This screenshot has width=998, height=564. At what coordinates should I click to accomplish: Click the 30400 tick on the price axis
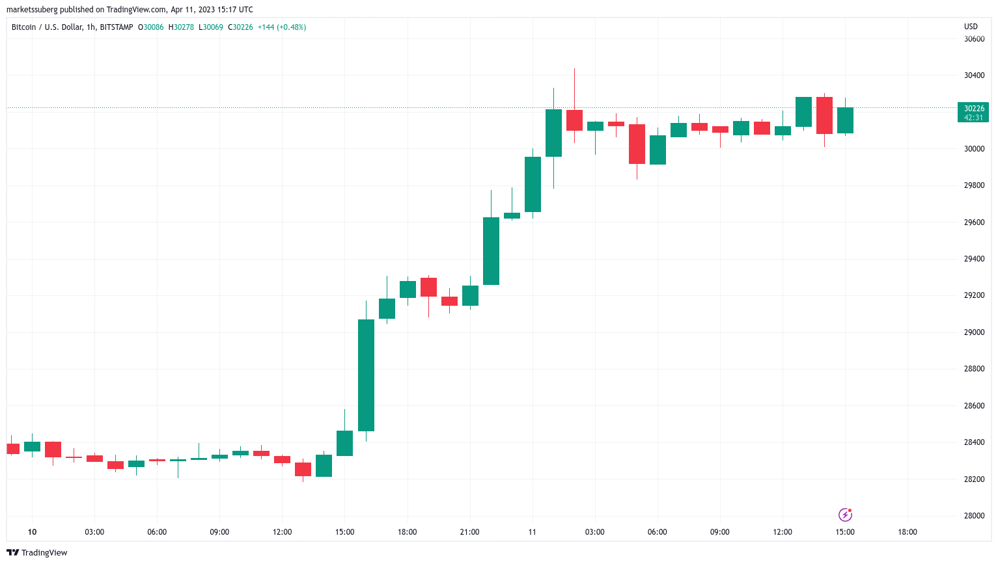pos(974,75)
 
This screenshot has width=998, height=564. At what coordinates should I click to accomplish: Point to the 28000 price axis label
pos(974,516)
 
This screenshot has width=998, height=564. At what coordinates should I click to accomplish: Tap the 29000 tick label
pos(974,332)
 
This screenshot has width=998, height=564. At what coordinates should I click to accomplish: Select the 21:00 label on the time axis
pos(469,532)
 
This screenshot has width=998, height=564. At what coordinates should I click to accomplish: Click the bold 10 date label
pos(32,532)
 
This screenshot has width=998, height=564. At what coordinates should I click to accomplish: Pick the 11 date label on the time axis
pos(532,532)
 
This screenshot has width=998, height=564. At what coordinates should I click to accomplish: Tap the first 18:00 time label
pos(407,532)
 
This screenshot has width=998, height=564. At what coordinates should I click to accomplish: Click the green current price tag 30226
pos(973,113)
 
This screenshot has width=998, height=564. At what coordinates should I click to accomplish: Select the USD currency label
pos(971,27)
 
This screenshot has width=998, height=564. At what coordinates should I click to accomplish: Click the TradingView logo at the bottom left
pos(37,552)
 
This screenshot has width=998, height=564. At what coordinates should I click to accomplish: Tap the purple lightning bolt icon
pos(845,515)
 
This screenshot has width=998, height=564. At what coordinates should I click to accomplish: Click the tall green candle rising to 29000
pos(366,375)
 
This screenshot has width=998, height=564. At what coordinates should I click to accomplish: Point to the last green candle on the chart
pos(845,120)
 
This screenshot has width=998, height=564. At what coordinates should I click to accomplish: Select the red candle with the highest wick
pos(574,120)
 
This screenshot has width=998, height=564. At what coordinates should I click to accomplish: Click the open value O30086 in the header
pos(151,27)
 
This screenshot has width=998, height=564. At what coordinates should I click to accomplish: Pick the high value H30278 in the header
pos(181,27)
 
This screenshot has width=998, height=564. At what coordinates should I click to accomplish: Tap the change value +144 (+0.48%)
pos(281,27)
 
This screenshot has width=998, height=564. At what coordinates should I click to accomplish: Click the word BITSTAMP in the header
pos(117,27)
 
